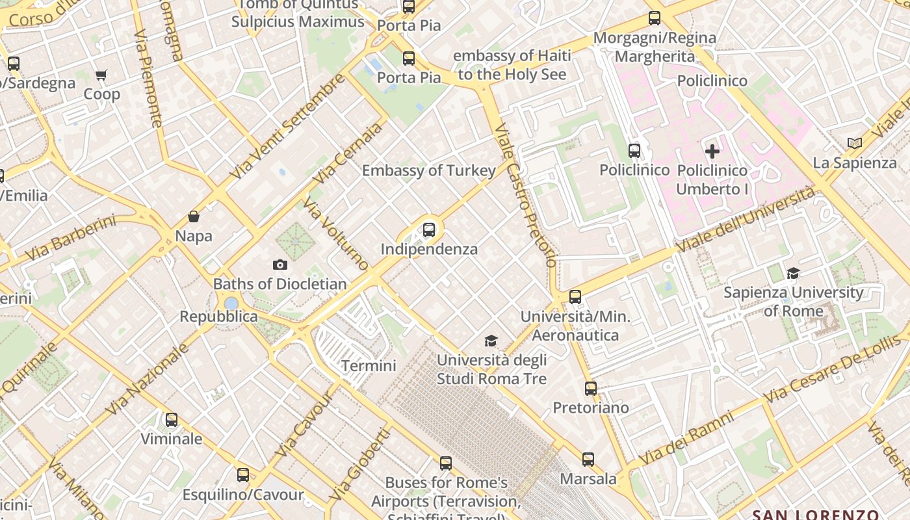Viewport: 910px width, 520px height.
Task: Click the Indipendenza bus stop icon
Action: coord(429,229)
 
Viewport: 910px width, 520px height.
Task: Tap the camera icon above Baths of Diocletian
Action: coord(280,265)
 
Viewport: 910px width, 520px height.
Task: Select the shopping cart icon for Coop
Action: coord(101,75)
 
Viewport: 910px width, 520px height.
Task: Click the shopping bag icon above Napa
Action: coord(194,216)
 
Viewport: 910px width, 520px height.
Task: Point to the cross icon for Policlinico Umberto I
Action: coord(712,151)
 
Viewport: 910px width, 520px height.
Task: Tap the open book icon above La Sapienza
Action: coord(855,143)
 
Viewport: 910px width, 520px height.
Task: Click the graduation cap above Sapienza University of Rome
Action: coord(793,273)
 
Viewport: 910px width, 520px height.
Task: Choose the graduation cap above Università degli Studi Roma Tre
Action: coord(491,341)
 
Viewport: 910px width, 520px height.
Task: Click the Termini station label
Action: coord(369,366)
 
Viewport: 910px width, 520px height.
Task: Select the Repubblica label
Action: coord(218,317)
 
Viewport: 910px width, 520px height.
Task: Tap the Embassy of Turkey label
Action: coord(429,171)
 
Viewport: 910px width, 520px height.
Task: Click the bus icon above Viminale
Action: coord(172,420)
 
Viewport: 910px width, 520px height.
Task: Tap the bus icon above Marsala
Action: coord(588,460)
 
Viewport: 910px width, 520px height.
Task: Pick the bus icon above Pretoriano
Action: coord(591,389)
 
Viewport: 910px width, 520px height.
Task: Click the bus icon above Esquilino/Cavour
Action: coord(243,475)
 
